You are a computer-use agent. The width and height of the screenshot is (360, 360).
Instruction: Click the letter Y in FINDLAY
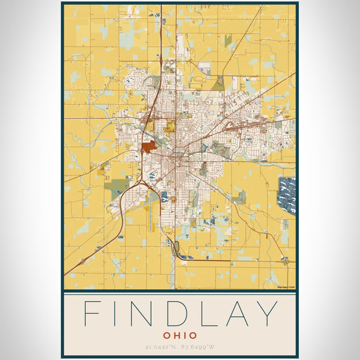point(269,313)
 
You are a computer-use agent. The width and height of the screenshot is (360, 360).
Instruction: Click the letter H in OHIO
point(174,334)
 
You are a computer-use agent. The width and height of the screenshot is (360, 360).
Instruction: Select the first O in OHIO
point(164,334)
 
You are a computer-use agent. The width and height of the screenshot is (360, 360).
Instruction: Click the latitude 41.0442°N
point(161,347)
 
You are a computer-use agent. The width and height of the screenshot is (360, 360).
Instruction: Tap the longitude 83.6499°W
point(200,347)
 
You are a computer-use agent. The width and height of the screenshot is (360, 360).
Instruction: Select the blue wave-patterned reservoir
point(287,194)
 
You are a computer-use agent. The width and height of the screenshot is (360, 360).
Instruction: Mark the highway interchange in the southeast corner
point(285,260)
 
